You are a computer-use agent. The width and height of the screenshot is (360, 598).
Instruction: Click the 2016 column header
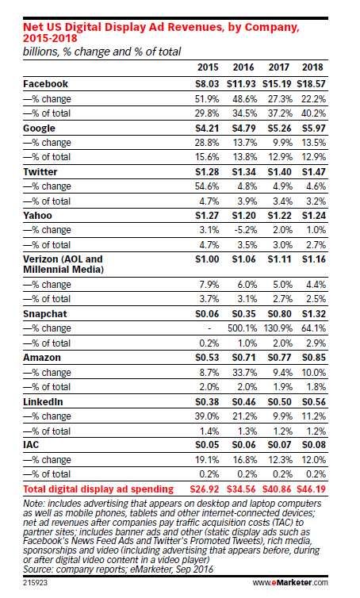[x=243, y=67]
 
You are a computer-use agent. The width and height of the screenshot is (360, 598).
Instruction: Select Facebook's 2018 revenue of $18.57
[x=311, y=84]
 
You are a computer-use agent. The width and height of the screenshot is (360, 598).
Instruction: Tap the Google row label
[x=39, y=128]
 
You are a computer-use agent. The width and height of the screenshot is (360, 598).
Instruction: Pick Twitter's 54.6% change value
[x=207, y=186]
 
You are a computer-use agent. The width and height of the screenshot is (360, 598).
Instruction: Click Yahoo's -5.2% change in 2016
[x=244, y=230]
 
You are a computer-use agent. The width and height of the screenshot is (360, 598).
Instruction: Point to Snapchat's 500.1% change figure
[x=242, y=328]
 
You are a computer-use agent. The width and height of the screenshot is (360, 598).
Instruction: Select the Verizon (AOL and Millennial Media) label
[x=63, y=264]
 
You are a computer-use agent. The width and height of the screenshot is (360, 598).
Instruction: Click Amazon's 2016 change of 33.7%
[x=244, y=372]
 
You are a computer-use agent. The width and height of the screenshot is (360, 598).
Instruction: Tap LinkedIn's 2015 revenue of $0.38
[x=207, y=401]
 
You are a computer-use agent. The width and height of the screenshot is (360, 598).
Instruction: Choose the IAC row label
[x=31, y=445]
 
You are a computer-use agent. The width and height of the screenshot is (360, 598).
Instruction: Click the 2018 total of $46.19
[x=311, y=489]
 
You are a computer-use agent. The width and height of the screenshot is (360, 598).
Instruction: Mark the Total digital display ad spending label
[x=98, y=489]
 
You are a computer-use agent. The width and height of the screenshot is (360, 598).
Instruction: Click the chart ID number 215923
[x=35, y=582]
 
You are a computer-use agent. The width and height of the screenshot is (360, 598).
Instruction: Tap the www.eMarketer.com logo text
[x=290, y=582]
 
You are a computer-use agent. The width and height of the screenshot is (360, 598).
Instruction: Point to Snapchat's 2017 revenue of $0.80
[x=279, y=314]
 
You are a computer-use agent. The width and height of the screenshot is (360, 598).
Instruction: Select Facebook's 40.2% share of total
[x=313, y=113]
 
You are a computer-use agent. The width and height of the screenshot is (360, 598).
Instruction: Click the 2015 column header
[x=208, y=67]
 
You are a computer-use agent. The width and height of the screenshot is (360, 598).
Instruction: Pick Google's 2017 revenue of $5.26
[x=279, y=128]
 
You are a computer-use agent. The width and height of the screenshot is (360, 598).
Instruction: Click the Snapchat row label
[x=45, y=314]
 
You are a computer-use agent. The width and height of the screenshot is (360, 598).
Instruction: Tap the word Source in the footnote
[x=37, y=569]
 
